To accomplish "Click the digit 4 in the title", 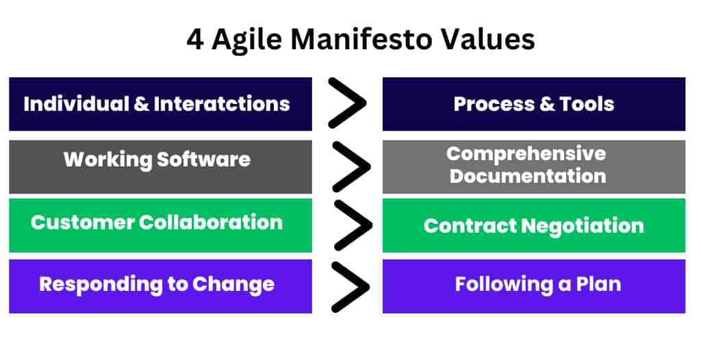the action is click(194, 39).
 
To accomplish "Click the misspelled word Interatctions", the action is click(222, 104).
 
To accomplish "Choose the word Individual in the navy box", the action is click(77, 104).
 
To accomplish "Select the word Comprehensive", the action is click(526, 154).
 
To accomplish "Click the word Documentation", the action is click(528, 176).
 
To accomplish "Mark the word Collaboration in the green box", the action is click(211, 222).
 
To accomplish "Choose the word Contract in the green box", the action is click(470, 226).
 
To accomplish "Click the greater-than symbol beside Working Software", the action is click(352, 167).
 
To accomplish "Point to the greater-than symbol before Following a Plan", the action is click(351, 287).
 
